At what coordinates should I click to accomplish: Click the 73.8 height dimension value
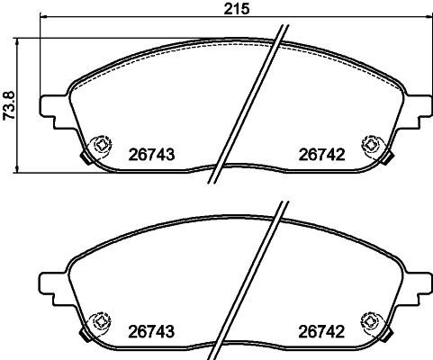[x=9, y=106]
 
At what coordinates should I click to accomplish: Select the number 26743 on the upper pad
[x=151, y=155]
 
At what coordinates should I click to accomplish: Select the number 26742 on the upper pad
[x=322, y=155]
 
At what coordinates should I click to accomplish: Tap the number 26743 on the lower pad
[x=151, y=331]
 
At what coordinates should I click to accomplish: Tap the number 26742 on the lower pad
[x=321, y=331]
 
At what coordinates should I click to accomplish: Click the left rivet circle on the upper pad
[x=101, y=145]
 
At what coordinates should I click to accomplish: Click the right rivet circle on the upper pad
[x=372, y=145]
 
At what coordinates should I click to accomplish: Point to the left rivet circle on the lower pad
[x=101, y=321]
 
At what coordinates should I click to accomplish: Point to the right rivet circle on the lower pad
[x=372, y=321]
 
